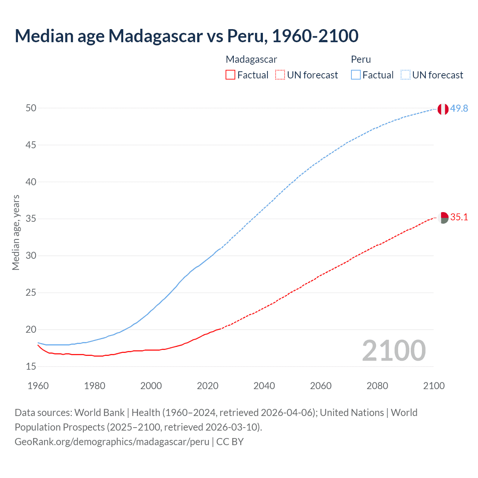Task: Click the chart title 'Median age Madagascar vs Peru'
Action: pos(186,36)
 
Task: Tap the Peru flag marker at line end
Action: pos(443,109)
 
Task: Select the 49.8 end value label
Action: pos(459,109)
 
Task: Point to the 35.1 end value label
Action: pos(459,217)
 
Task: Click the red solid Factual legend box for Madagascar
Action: pos(230,75)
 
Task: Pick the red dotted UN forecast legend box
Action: pos(280,75)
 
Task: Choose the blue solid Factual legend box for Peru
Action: pos(356,75)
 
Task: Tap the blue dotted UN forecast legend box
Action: pos(405,75)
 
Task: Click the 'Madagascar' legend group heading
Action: pos(251,59)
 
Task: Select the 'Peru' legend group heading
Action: pos(361,59)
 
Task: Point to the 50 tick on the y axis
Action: pos(31,108)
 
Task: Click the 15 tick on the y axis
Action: pos(31,367)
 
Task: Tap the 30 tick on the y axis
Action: pos(31,256)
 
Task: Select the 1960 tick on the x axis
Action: pos(38,386)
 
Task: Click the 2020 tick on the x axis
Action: pos(208,386)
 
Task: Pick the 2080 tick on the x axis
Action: pos(377,386)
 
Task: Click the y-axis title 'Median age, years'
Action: pos(16,232)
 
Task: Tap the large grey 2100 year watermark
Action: pos(394,350)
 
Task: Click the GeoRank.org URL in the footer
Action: pos(112,442)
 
